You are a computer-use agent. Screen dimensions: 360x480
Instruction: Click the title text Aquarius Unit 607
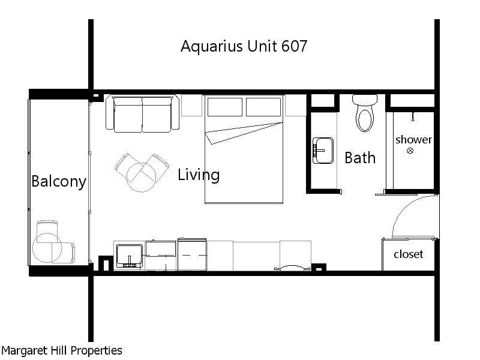pos(244,46)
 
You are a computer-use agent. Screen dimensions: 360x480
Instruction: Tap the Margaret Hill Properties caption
pos(62,350)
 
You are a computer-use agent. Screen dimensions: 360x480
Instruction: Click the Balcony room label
pos(59,181)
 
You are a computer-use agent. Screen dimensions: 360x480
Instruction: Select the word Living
pos(199,175)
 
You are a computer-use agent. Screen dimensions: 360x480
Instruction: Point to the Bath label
pos(360,158)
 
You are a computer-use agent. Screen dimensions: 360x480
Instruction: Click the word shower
pos(413,139)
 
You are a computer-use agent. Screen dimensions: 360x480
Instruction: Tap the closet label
pos(408,254)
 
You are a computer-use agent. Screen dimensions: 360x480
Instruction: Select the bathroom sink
pos(323,150)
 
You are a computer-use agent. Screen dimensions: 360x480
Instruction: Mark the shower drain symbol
pos(410,151)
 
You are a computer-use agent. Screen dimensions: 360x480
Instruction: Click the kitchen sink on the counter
pos(129,255)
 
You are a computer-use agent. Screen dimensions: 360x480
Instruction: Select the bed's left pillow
pos(224,106)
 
